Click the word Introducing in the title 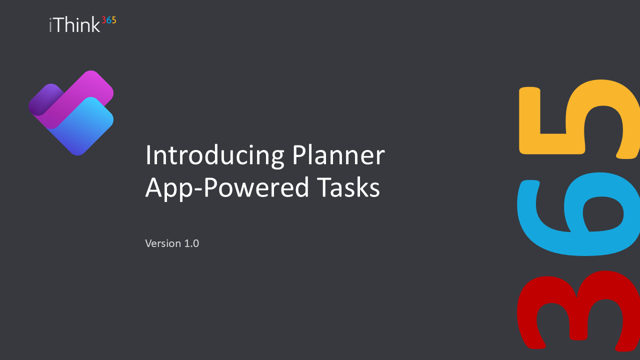point(214,155)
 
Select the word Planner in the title point(338,154)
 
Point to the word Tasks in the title point(348,187)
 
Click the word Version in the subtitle point(163,243)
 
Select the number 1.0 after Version point(191,243)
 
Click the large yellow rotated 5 point(579,119)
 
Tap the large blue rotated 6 point(578,214)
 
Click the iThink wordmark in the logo point(74,24)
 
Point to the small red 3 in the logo point(104,20)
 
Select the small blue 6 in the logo point(108,20)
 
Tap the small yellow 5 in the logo point(113,20)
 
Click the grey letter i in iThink point(50,25)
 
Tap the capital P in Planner point(299,154)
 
